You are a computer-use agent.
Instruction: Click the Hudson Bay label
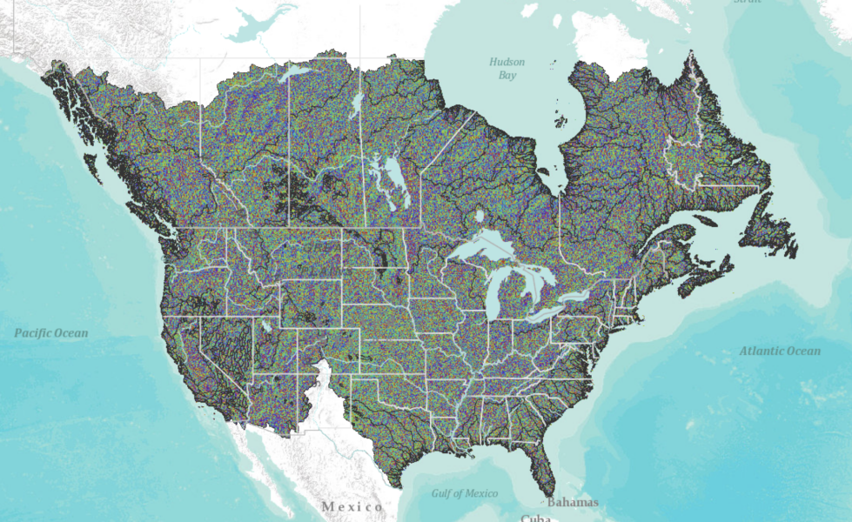click(x=502, y=69)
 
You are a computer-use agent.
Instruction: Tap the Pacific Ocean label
click(x=50, y=332)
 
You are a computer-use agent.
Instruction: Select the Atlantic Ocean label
click(x=779, y=351)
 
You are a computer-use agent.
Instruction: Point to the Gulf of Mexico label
click(x=465, y=493)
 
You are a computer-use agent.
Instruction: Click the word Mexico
click(x=352, y=506)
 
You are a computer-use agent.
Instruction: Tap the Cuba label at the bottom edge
click(x=536, y=518)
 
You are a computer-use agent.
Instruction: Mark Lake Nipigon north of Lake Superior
click(x=480, y=214)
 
